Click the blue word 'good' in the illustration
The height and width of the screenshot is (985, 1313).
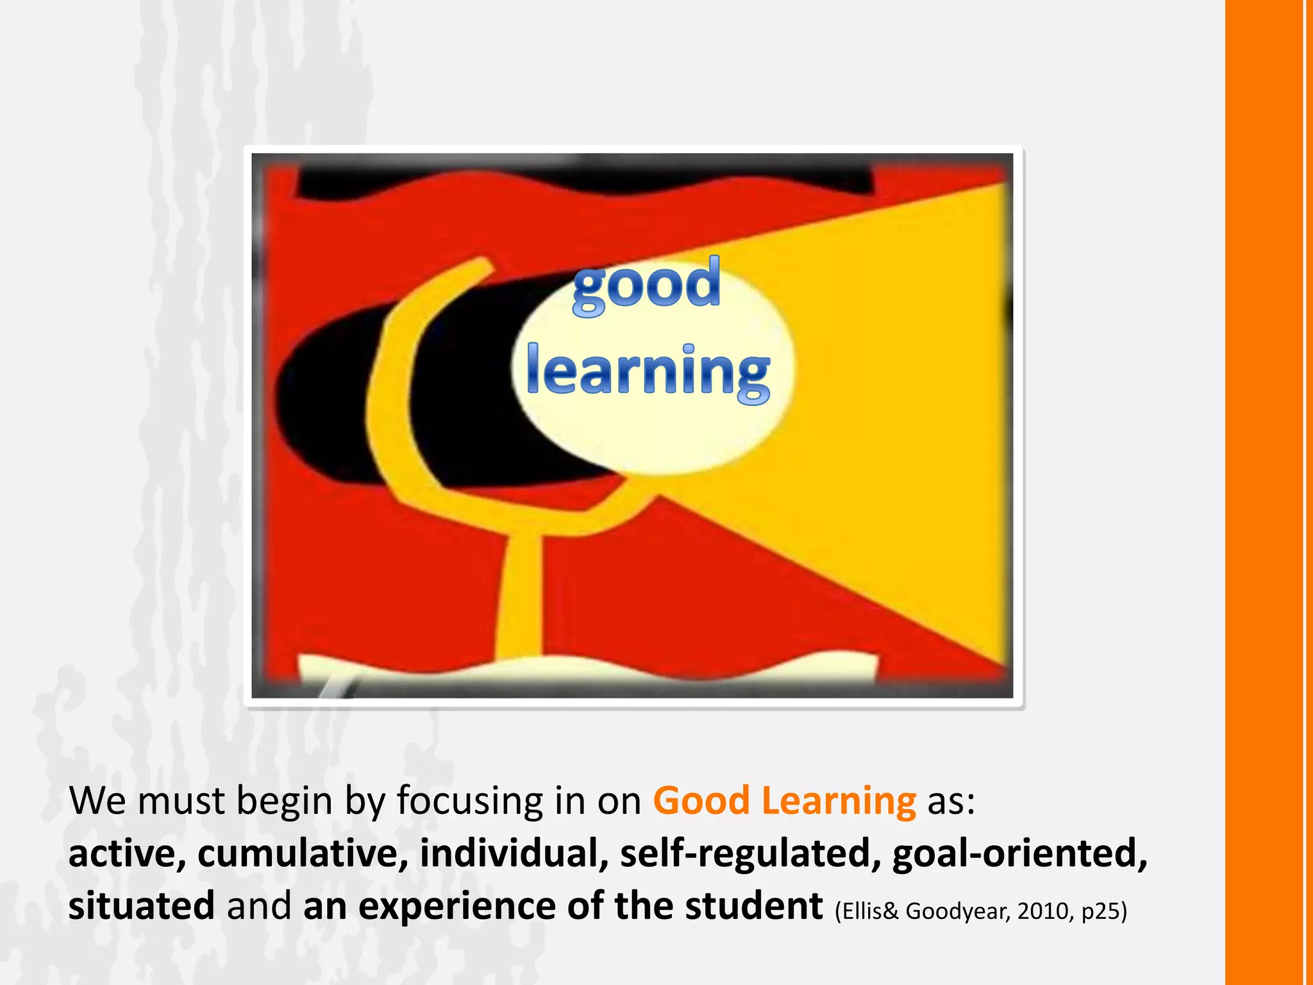pos(646,285)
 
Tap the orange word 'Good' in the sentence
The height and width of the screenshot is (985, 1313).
pos(701,801)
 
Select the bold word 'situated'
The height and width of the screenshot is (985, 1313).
pos(142,907)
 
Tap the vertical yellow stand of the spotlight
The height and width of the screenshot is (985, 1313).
pos(520,596)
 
